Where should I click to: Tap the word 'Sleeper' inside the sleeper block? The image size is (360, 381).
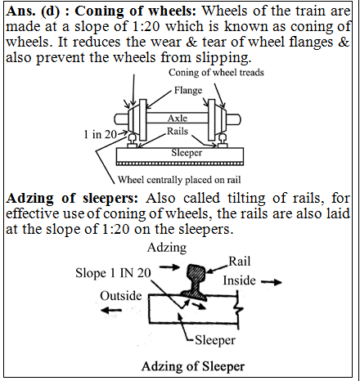[180, 152]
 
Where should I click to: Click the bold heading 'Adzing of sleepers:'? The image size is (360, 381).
[61, 199]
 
